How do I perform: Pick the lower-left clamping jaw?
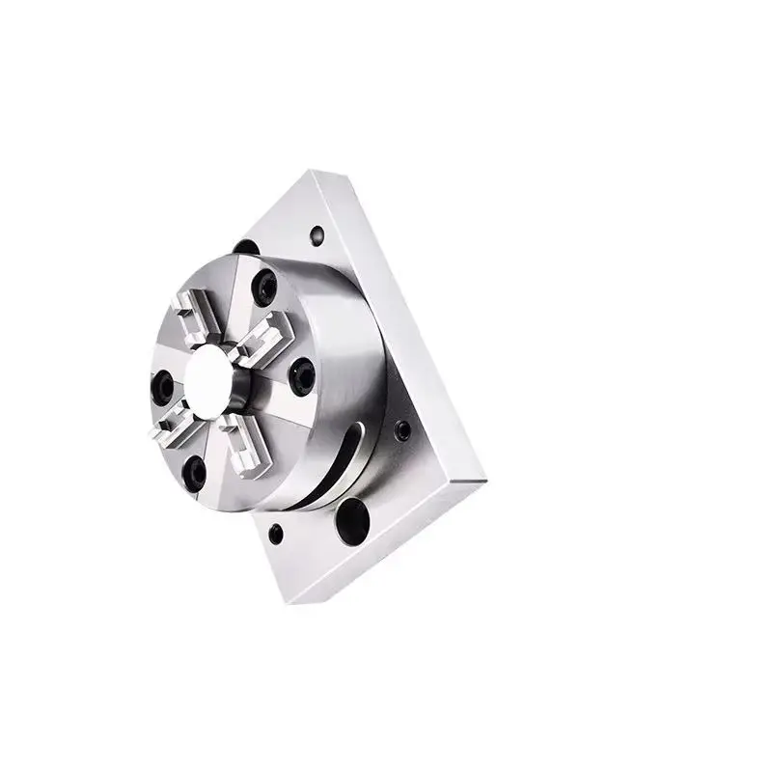tap(170, 425)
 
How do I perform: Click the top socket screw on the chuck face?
tap(262, 287)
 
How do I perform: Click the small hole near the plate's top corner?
tap(317, 234)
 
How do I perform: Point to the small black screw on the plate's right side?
tap(402, 429)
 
